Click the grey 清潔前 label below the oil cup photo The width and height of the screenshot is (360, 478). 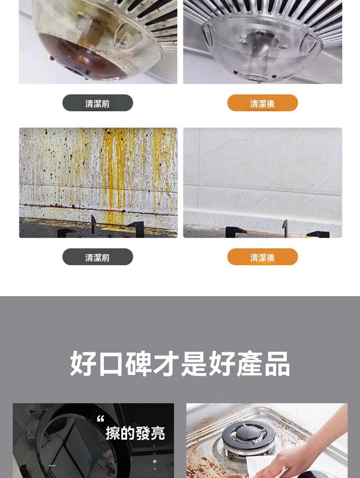(98, 103)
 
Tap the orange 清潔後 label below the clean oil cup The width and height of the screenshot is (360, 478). (262, 103)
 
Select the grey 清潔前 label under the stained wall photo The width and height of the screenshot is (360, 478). (98, 257)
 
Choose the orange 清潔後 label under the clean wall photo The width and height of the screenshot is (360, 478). (262, 257)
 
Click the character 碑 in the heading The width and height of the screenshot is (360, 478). (138, 363)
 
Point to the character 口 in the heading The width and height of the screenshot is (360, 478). (111, 364)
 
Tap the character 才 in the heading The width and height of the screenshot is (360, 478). (166, 363)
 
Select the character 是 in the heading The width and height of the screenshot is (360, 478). (194, 363)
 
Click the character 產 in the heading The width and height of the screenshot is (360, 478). (249, 363)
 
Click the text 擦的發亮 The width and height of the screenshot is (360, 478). (135, 433)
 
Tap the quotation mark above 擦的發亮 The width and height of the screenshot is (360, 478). (100, 419)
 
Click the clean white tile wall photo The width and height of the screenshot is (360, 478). (262, 182)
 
